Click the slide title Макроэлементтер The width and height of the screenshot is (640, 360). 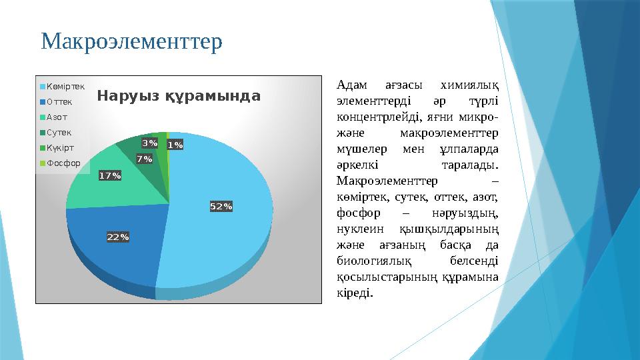coord(131,41)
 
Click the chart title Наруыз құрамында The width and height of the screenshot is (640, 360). coord(179,96)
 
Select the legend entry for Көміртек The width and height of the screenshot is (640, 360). coord(65,87)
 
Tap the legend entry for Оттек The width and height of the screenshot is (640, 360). coord(59,102)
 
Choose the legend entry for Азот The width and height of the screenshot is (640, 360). coord(56,117)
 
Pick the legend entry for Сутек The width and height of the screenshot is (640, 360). coord(58,133)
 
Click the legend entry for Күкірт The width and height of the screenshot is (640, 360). coord(59,147)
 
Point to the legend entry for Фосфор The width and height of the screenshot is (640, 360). coord(62,163)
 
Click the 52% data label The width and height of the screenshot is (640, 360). coord(221,207)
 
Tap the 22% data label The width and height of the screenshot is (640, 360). coord(118,237)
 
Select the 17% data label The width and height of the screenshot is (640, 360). coord(110,175)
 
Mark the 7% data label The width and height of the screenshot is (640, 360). coord(144,159)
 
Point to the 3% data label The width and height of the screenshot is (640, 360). coord(150,143)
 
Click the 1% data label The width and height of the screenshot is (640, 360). coord(175,145)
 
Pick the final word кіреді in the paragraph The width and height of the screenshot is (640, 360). coord(355,293)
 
